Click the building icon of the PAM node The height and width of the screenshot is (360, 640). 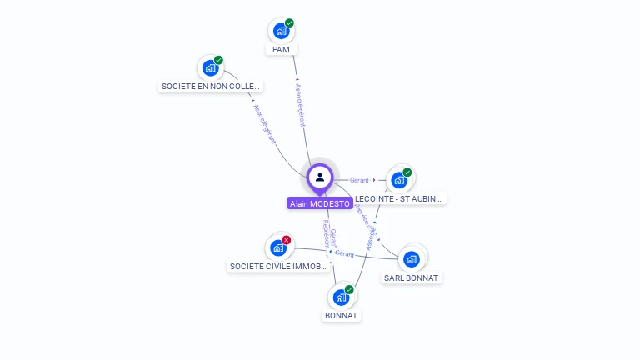coord(281,31)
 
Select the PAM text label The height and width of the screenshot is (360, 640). coord(281,50)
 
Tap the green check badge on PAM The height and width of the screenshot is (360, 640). coord(289,22)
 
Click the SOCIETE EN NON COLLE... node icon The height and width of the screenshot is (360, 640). coord(210,67)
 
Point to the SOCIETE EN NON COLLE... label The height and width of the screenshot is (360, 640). coord(210,86)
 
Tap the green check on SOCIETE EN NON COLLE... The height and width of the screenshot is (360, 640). coord(218,60)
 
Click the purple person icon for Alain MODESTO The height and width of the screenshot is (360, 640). coord(320,177)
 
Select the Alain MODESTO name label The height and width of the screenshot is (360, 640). coord(320,203)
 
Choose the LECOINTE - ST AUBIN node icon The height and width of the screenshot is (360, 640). coord(399,180)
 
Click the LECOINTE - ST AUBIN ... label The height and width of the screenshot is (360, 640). coord(400,198)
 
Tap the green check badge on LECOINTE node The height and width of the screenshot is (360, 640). coord(407,172)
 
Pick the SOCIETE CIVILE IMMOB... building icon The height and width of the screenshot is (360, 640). coord(278,247)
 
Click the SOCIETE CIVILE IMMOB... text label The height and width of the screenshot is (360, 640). coord(277,267)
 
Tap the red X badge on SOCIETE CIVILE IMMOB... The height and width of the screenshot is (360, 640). coord(287,240)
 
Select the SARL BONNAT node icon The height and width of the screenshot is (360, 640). coord(411,258)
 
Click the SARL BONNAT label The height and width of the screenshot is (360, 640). coord(411,277)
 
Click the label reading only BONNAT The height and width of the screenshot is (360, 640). coord(341,316)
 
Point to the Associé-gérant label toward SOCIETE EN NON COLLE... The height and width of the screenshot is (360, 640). coord(263,123)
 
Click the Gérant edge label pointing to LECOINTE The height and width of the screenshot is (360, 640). coord(360,180)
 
